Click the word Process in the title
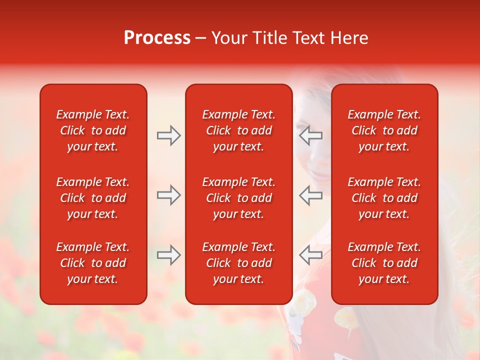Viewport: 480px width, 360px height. click(157, 38)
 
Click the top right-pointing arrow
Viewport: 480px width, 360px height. click(168, 135)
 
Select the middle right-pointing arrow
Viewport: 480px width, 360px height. click(168, 195)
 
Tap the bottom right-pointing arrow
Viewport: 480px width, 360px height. click(168, 254)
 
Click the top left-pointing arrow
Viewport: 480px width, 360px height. click(310, 135)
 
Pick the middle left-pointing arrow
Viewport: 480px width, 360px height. click(310, 195)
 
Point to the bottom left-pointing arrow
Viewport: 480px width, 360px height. click(310, 254)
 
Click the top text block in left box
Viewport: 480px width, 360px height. click(93, 130)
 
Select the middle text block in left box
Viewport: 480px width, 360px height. click(93, 198)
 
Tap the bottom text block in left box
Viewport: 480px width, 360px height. click(93, 263)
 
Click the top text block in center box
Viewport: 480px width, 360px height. click(238, 130)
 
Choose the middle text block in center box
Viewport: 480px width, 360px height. click(238, 198)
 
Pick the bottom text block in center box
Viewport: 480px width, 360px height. click(238, 263)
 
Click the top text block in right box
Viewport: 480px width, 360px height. click(384, 130)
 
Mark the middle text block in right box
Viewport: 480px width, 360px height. click(384, 198)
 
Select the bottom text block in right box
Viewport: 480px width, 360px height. click(384, 263)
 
